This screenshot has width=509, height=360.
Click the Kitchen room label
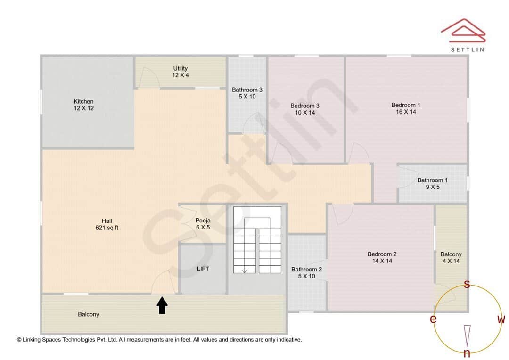pos(83,105)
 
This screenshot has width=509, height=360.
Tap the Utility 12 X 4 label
pos(180,72)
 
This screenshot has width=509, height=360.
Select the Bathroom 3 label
pos(247,93)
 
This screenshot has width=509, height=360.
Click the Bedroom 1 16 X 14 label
pos(406,108)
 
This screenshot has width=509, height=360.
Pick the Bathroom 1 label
pos(432,183)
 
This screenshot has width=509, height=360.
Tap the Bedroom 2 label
pos(382,257)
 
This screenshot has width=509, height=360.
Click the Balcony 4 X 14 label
pos(451,257)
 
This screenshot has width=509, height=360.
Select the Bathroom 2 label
pos(306,273)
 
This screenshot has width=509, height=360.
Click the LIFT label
pos(203,269)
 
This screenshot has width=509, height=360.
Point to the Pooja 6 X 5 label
pos(203,223)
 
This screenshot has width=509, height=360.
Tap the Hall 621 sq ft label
pos(107,224)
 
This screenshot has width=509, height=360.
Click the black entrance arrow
pos(162,305)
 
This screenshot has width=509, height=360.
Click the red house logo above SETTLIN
pos(463,30)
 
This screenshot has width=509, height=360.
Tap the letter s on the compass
pos(467,284)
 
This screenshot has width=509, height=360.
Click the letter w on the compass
pos(501,319)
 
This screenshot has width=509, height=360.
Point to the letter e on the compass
pos(433,319)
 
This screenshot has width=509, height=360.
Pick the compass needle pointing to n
pos(467,335)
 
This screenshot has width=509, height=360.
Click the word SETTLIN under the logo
pos(467,49)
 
